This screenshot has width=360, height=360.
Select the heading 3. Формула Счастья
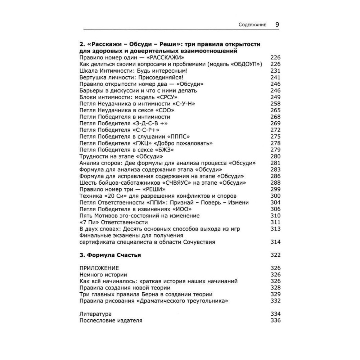coord(109,255)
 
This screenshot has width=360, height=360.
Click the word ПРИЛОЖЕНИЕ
coord(99,268)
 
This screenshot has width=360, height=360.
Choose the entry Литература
coord(95,314)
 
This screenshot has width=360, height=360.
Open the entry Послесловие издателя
coord(111,320)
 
